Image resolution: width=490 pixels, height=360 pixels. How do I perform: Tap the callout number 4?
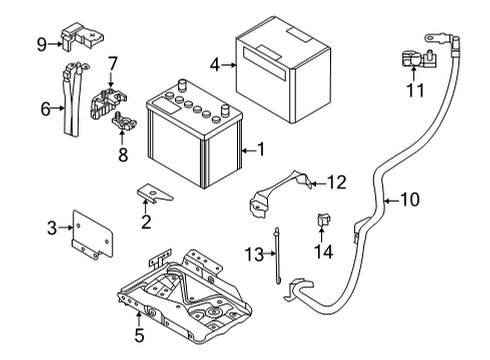click(215, 63)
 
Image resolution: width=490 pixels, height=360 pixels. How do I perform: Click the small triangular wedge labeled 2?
click(154, 192)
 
